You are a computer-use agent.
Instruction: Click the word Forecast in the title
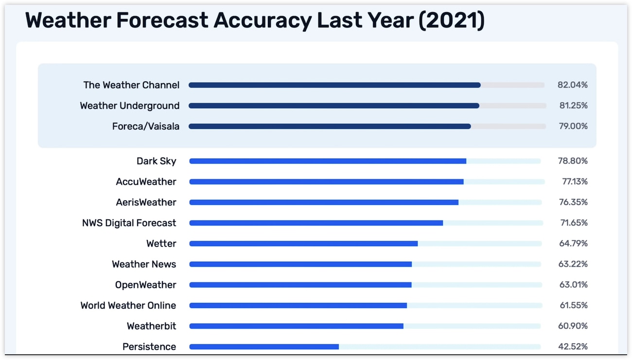162,20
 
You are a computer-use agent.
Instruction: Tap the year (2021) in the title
452,20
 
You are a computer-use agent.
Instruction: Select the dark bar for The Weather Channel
334,85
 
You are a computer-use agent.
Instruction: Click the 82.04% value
573,85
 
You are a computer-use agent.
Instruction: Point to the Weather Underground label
129,106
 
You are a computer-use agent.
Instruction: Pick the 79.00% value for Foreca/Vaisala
573,126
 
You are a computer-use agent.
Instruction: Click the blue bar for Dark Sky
328,161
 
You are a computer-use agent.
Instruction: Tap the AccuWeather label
146,181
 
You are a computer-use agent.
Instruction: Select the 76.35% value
573,202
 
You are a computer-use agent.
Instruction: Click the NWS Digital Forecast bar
316,223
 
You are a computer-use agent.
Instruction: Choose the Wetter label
161,243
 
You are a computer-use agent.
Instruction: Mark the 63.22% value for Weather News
573,264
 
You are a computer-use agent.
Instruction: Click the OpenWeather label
145,285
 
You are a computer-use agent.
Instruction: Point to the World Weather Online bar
298,306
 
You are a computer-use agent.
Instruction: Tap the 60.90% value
573,326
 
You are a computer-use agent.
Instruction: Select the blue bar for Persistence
264,347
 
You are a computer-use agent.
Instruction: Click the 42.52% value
573,346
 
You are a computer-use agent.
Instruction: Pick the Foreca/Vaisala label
145,126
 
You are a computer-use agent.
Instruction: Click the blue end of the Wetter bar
417,244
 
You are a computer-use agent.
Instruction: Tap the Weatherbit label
151,326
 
